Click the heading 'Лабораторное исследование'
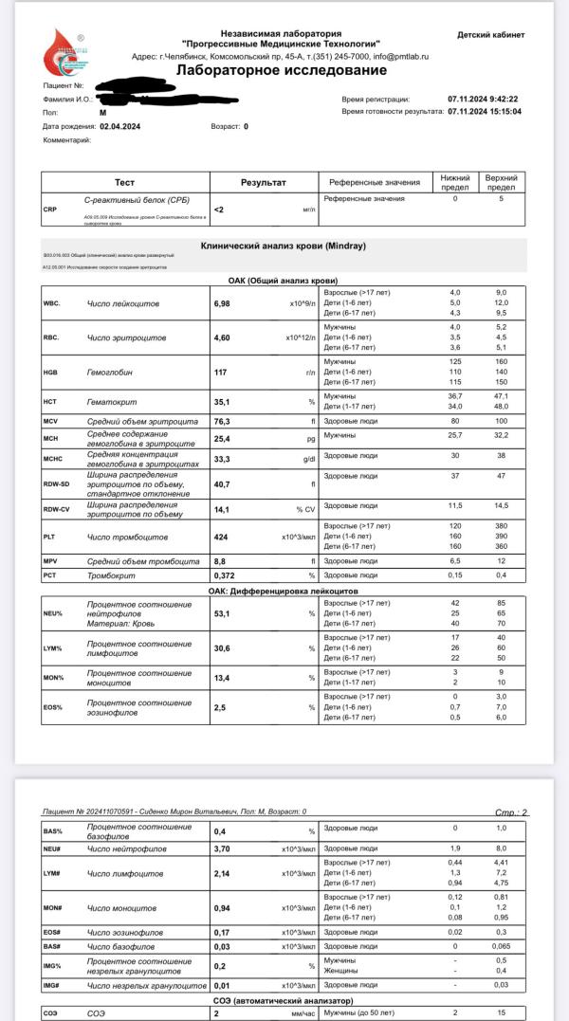(282, 71)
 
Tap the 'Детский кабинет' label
(490, 35)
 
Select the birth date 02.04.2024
(119, 126)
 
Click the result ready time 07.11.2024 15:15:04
(484, 112)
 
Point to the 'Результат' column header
(263, 182)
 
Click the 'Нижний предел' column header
(454, 182)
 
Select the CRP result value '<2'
(219, 210)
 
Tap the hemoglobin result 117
(221, 373)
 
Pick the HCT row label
(51, 401)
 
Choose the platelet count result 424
(222, 538)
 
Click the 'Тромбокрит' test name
(111, 575)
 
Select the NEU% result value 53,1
(224, 613)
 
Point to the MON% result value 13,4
(224, 678)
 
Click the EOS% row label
(53, 706)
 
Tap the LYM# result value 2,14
(224, 872)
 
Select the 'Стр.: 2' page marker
(512, 812)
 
